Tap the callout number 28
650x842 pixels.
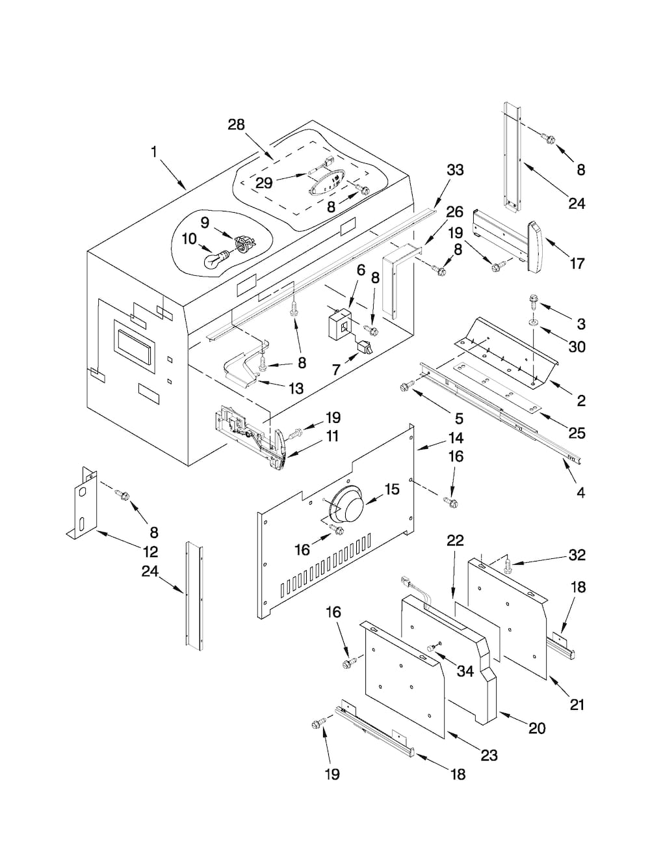pos(236,125)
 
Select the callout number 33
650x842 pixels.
pos(455,170)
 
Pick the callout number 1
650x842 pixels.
pos(154,152)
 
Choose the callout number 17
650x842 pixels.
pos(577,264)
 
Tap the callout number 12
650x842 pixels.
pos(150,551)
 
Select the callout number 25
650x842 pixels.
pos(577,433)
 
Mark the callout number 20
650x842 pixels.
pos(537,729)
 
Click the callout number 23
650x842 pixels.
pos(489,755)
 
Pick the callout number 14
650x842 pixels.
pos(456,438)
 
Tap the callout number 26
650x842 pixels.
pos(455,212)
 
